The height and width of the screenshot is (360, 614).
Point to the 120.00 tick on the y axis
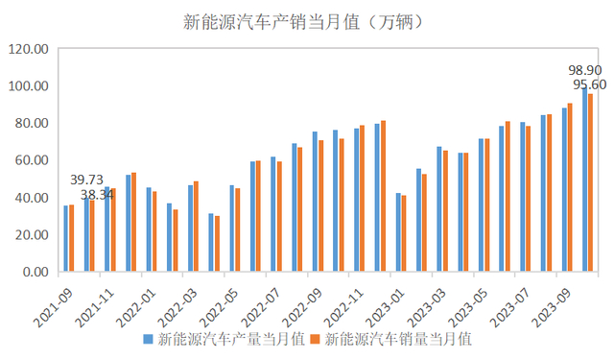(28, 49)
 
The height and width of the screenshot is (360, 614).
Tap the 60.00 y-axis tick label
(28, 160)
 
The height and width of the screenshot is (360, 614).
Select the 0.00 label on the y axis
(32, 273)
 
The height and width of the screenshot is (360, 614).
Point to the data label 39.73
(86, 180)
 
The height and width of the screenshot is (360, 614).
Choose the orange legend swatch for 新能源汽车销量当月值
(317, 339)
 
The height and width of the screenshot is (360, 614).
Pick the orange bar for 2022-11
(362, 198)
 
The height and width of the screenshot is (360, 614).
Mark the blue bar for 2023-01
(398, 232)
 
